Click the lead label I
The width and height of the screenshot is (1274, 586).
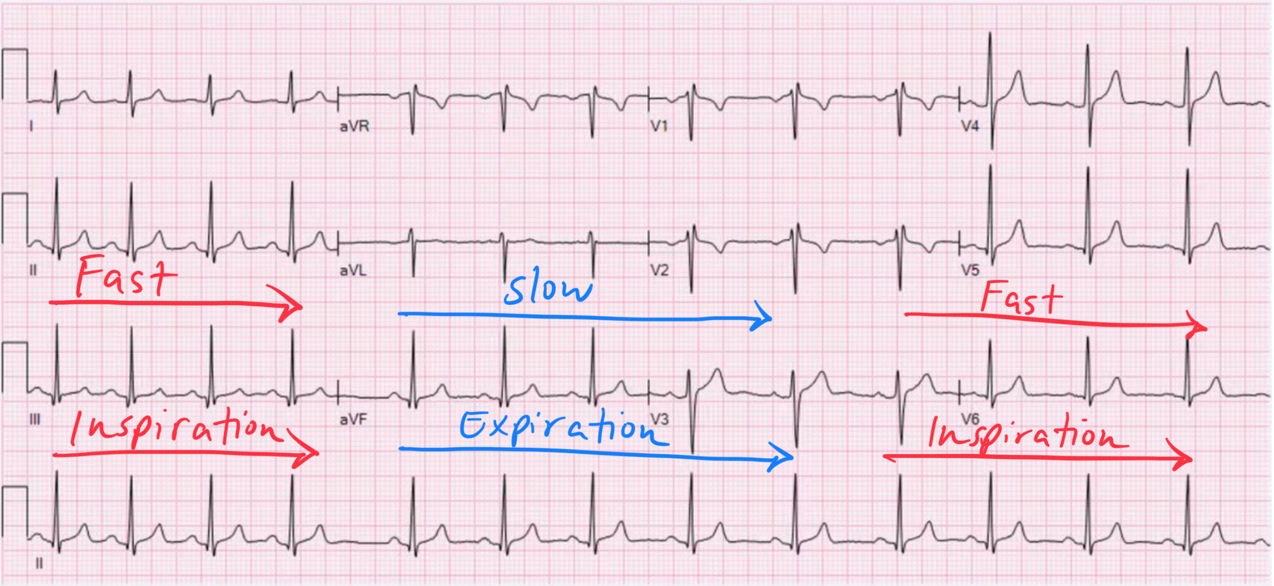click(x=31, y=125)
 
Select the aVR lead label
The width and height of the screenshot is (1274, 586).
click(x=354, y=126)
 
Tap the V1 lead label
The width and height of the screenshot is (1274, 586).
click(x=659, y=125)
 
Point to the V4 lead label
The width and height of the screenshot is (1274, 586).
click(x=970, y=126)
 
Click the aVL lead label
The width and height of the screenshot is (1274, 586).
click(x=353, y=270)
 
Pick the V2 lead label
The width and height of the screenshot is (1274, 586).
click(x=659, y=270)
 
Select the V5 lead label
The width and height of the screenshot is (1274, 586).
click(x=970, y=270)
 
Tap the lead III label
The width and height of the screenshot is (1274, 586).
click(x=35, y=419)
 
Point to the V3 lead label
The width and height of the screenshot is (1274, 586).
click(x=659, y=419)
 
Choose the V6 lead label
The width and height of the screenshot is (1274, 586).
click(x=970, y=419)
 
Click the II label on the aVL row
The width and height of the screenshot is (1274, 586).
click(x=33, y=270)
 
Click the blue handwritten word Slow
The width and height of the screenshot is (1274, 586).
click(x=548, y=288)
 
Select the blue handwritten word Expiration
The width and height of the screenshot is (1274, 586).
click(x=560, y=427)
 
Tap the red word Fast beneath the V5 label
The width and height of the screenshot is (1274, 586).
click(x=1021, y=298)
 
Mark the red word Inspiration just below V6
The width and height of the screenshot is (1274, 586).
click(x=1026, y=433)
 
